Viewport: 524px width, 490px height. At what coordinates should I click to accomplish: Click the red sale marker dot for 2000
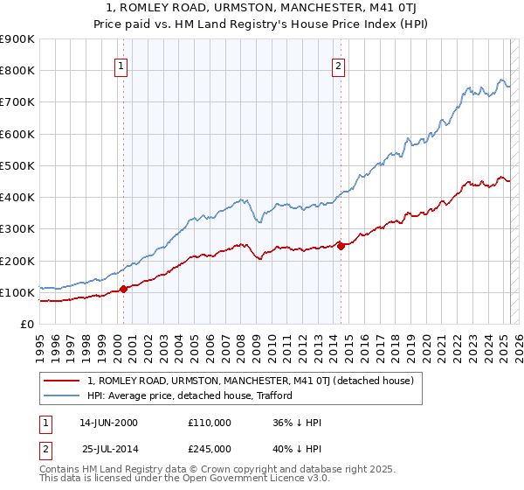[x=123, y=289]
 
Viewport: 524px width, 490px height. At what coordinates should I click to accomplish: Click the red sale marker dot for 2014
[x=341, y=246]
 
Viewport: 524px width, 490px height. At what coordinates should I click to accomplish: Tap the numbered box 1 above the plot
[x=121, y=64]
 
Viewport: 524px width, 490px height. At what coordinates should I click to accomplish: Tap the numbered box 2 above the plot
[x=338, y=64]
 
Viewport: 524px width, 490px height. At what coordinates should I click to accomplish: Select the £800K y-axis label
[x=17, y=70]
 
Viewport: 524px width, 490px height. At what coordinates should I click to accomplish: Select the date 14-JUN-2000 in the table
[x=108, y=423]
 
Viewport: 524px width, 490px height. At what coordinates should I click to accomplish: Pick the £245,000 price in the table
[x=210, y=449]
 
